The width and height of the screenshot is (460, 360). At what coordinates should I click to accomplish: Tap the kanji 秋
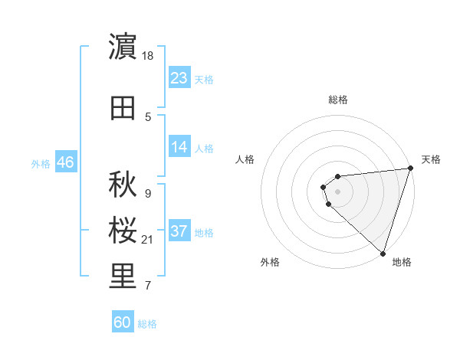(123, 184)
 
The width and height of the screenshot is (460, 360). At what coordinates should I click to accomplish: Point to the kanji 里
(123, 277)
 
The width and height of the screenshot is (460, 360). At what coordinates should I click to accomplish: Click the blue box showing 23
(179, 78)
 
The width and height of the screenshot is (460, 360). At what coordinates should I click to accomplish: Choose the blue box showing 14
(179, 147)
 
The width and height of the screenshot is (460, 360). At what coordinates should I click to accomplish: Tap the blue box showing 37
(179, 231)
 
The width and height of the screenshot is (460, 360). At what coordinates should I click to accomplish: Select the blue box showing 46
(65, 162)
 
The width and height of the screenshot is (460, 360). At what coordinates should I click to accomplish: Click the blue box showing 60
(123, 322)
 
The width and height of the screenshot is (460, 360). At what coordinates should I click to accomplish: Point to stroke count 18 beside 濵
(148, 55)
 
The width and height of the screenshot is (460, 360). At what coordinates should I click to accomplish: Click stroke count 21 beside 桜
(148, 240)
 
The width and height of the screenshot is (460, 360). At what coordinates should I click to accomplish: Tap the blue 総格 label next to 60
(147, 324)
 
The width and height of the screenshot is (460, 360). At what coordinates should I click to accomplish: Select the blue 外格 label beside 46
(41, 163)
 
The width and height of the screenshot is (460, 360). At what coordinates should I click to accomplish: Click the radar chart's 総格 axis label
(337, 100)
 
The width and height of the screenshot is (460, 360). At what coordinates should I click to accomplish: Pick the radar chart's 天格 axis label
(431, 159)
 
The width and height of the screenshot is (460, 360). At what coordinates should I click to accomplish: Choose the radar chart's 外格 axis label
(270, 262)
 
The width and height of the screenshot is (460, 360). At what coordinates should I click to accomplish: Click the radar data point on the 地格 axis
(383, 253)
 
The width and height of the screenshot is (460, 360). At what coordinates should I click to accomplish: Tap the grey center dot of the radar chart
(337, 191)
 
